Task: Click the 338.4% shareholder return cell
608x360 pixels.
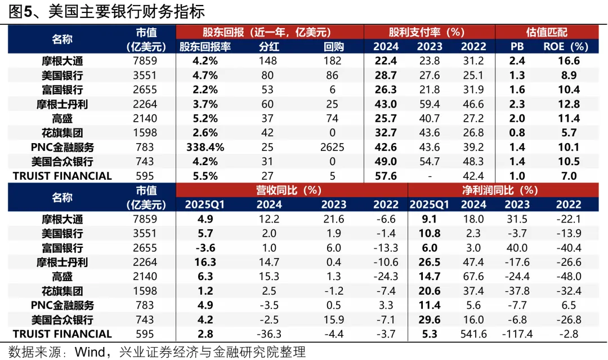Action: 205,147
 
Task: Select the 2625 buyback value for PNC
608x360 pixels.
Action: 332,147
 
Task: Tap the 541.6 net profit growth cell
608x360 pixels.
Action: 472,334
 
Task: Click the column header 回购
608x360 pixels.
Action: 332,47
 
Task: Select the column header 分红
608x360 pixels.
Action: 268,47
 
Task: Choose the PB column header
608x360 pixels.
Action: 516,47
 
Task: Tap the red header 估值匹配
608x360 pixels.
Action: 547,32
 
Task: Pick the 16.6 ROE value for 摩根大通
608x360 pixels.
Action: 569,61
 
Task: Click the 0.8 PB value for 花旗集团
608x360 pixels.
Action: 517,133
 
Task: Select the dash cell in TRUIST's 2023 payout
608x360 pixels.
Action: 430,176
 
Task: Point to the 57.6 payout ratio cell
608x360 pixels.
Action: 386,176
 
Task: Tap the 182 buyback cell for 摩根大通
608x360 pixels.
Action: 332,61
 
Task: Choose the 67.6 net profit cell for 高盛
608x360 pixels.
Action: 472,277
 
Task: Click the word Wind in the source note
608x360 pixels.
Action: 90,353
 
